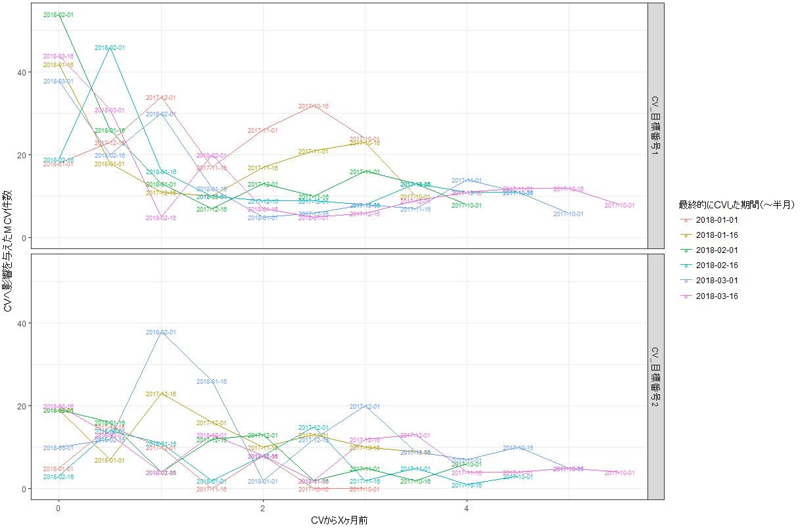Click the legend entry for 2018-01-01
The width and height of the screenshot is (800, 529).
click(x=717, y=219)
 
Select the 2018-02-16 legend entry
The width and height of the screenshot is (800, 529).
click(x=717, y=265)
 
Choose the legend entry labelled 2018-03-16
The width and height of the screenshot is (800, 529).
click(x=717, y=296)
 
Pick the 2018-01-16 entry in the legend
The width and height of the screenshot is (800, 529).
click(x=717, y=235)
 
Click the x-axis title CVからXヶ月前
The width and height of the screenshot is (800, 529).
click(x=343, y=520)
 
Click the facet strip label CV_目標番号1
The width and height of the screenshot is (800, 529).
click(x=656, y=126)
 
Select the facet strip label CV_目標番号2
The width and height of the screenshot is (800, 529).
click(x=656, y=377)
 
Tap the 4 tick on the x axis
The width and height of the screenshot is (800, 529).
click(x=467, y=508)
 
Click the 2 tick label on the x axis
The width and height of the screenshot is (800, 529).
click(x=262, y=508)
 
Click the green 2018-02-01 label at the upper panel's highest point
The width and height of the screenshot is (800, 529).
click(x=58, y=15)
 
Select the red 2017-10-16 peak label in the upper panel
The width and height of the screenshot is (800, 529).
click(x=314, y=106)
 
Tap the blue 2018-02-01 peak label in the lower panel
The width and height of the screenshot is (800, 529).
click(x=160, y=333)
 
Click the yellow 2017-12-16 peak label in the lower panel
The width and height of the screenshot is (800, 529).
click(x=160, y=394)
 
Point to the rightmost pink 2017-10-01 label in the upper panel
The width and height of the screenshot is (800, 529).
click(x=619, y=206)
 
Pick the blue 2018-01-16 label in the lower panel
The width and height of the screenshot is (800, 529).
click(x=212, y=382)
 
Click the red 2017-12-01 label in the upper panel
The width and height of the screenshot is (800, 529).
click(x=160, y=98)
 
